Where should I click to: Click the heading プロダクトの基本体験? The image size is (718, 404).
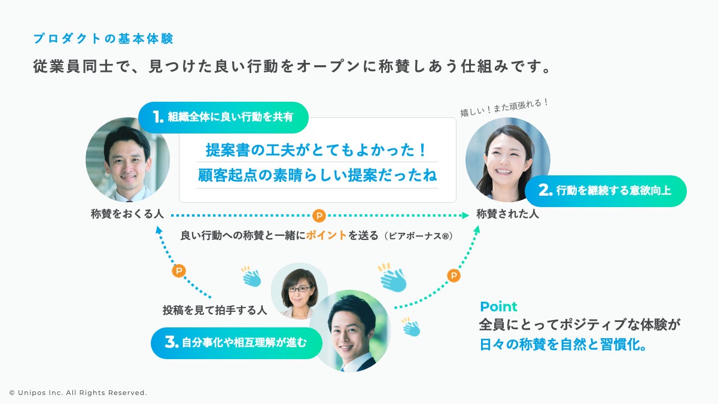[x=103, y=39]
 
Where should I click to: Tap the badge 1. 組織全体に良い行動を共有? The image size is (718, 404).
[x=223, y=117]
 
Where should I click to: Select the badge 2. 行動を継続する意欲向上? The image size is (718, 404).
[x=606, y=191]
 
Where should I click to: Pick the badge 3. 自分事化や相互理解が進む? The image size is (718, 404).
[x=236, y=343]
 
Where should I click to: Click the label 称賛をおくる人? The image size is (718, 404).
[x=127, y=214]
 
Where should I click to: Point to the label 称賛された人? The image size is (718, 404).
[x=507, y=214]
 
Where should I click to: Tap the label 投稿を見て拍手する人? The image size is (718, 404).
[x=214, y=310]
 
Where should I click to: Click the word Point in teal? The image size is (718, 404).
[x=498, y=306]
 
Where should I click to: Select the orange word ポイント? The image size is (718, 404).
[x=326, y=235]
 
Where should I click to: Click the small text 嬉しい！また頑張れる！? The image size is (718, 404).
[x=504, y=107]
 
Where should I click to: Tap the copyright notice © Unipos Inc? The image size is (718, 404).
[x=78, y=393]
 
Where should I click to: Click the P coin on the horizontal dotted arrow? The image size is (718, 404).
[x=320, y=215]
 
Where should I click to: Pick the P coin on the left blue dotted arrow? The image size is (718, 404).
[x=178, y=271]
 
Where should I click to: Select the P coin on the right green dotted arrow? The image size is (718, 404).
[x=454, y=275]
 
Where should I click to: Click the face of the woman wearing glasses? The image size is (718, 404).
[x=299, y=288]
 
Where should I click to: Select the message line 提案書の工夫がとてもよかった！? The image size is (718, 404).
[x=317, y=149]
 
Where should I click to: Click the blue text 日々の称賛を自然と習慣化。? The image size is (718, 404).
[x=563, y=345]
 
